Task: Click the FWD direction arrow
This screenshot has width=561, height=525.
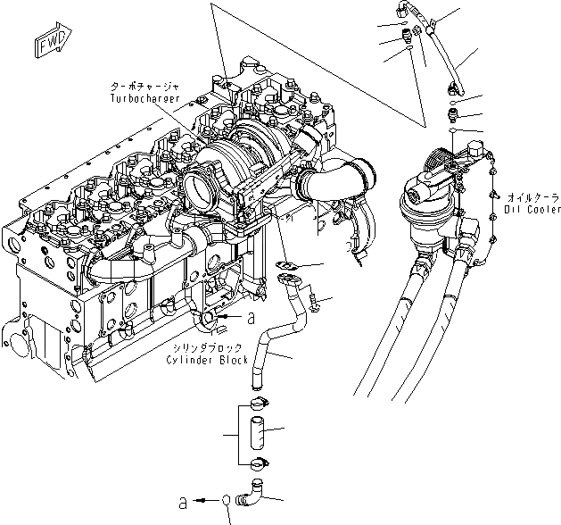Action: (46, 43)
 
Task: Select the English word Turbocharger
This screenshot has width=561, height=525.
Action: (142, 96)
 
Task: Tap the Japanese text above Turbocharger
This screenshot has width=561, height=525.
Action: (142, 85)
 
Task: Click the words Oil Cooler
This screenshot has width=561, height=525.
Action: (532, 210)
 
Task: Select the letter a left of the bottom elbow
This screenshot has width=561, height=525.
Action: (183, 503)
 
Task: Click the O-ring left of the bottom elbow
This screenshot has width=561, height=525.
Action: (230, 501)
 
